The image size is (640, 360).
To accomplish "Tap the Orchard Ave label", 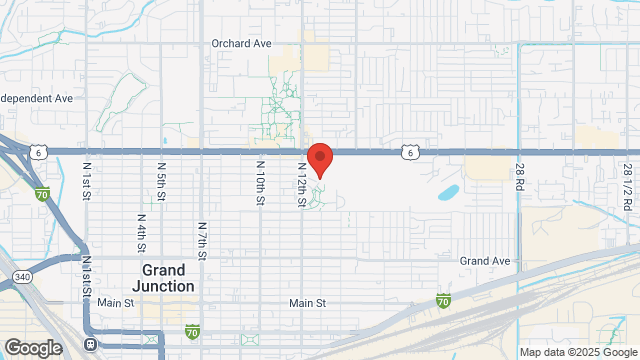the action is point(242,44).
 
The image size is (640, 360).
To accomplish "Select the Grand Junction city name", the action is point(164,278).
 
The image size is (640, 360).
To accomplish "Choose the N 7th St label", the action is point(202,241).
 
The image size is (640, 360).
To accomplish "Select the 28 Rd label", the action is point(520,179).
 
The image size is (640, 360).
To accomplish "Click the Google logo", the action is point(32,347).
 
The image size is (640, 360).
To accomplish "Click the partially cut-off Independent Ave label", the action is point(37,99).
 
